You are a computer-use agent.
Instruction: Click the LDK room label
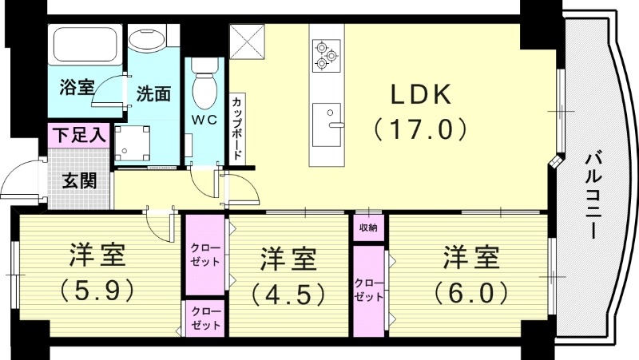point(421,94)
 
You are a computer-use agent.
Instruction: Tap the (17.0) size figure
point(421,127)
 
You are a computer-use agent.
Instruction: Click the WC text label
point(205,122)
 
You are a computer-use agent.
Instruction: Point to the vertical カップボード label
point(238,128)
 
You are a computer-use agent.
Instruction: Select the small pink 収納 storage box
point(368,228)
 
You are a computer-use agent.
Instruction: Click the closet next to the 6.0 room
point(368,289)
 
